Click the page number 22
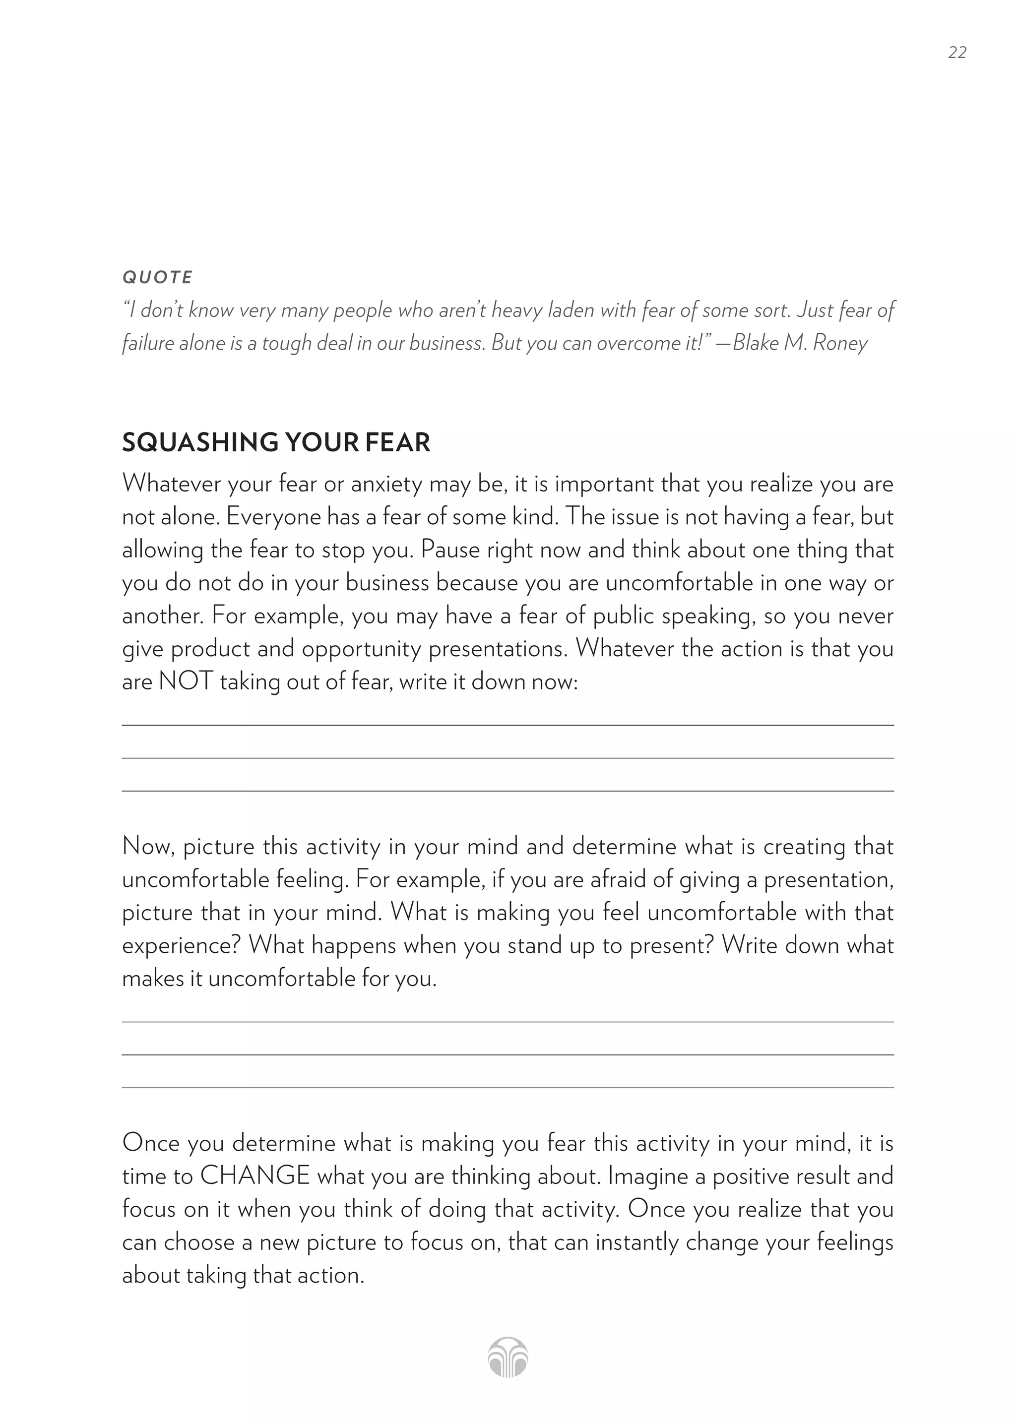(x=956, y=53)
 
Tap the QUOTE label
(x=158, y=277)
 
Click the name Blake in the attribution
(x=755, y=343)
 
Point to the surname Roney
(x=840, y=343)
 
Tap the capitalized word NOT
(x=186, y=681)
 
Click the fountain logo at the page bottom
(x=508, y=1358)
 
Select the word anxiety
(x=386, y=484)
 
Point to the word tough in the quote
(x=287, y=343)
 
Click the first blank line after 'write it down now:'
(x=508, y=724)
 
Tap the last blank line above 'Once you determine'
(x=508, y=1087)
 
